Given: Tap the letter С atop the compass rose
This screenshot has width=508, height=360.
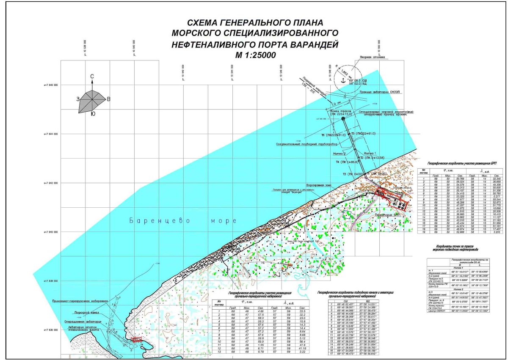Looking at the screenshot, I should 92,76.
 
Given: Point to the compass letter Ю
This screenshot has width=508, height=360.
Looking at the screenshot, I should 93,113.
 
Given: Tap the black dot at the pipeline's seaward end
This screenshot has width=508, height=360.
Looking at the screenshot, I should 342,119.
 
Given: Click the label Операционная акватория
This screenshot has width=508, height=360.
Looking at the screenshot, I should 82,322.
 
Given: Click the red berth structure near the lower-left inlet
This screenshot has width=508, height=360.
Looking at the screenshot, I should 136,339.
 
